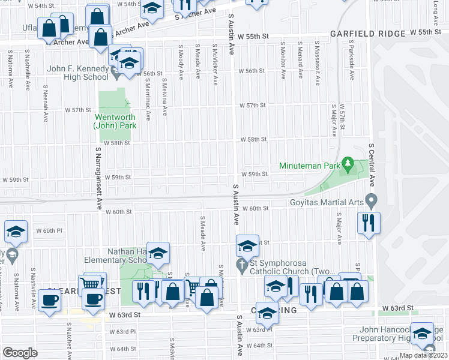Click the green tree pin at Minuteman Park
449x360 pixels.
[x=347, y=163]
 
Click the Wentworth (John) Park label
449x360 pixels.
[x=114, y=121]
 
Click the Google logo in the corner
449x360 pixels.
[x=20, y=352]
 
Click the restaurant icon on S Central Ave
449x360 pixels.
[x=367, y=223]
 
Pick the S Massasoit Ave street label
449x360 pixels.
[x=316, y=62]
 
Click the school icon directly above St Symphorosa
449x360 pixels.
[x=247, y=246]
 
